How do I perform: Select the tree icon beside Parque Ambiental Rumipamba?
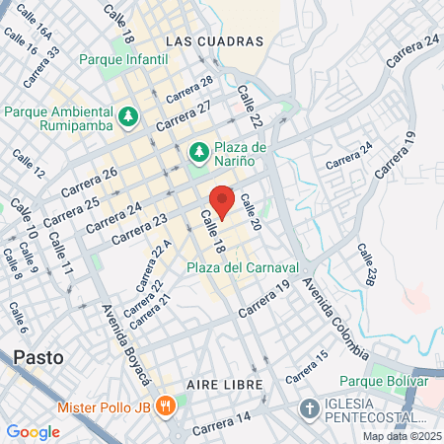click(127, 118)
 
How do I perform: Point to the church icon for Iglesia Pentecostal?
click(309, 408)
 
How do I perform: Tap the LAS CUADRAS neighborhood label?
click(215, 41)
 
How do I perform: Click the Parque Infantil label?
click(127, 59)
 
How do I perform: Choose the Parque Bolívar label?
click(382, 381)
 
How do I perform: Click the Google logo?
click(33, 431)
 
